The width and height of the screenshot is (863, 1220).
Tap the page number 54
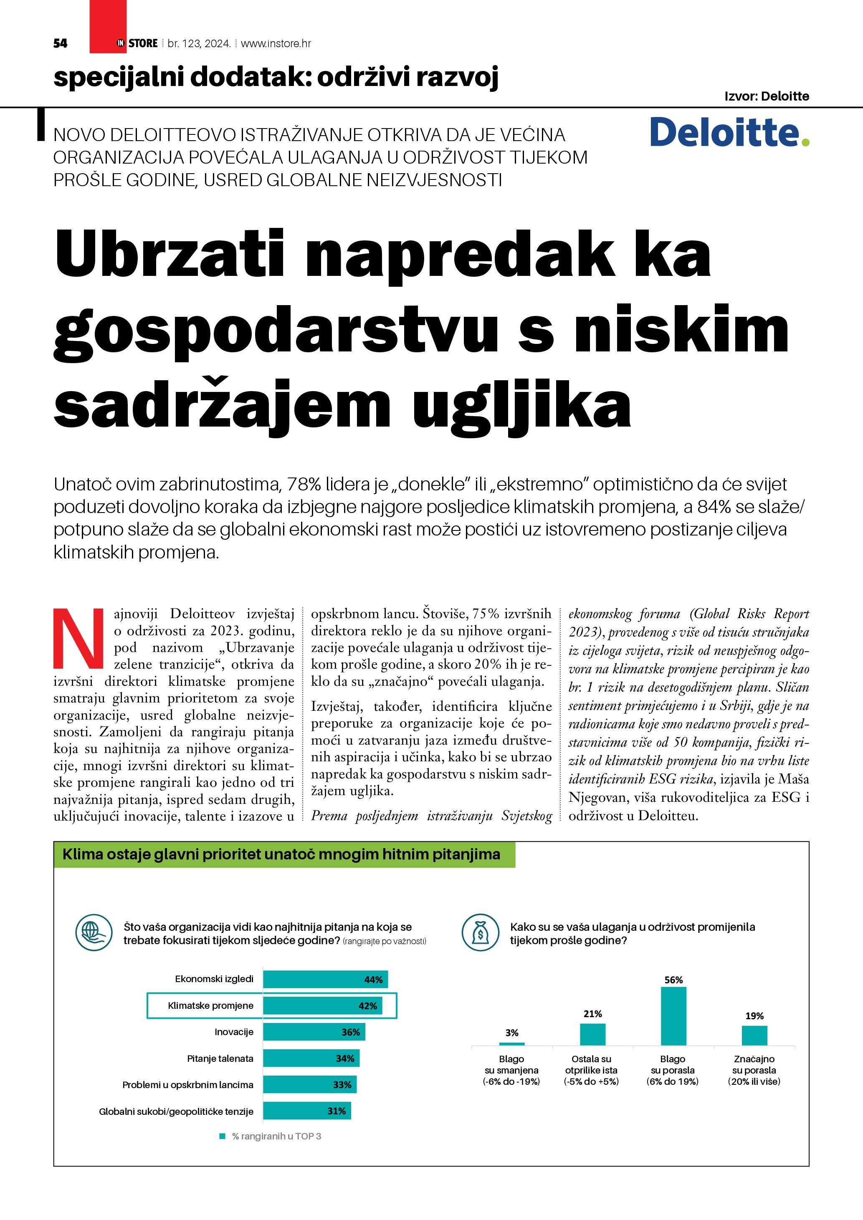tap(60, 43)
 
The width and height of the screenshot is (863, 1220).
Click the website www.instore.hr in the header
tap(276, 43)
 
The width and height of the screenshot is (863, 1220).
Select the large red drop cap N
tap(78, 638)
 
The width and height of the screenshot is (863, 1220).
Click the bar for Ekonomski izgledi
tap(325, 979)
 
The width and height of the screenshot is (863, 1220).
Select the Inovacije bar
tap(314, 1032)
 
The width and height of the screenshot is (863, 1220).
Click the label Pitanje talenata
tap(220, 1058)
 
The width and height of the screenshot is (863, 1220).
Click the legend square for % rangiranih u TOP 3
tap(223, 1136)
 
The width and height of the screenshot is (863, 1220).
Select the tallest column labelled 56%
tap(673, 1016)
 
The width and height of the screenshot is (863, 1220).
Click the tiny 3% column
tap(512, 1043)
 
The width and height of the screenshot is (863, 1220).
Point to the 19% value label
tap(754, 1016)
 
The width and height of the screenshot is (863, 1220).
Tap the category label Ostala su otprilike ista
tap(592, 1070)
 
